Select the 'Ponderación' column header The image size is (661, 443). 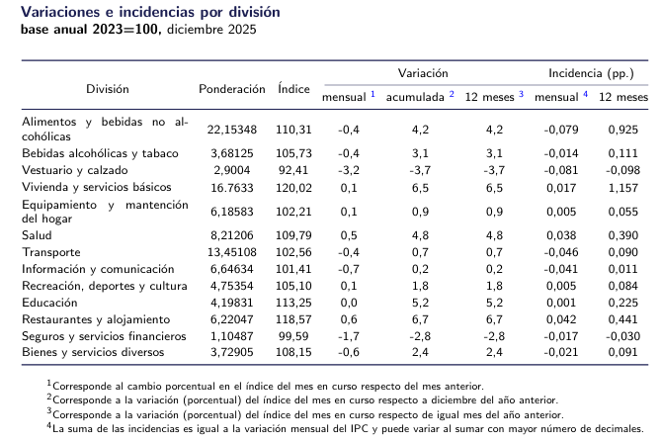pyautogui.click(x=232, y=88)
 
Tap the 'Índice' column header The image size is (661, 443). pyautogui.click(x=293, y=88)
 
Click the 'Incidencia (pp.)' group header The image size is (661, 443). pyautogui.click(x=591, y=74)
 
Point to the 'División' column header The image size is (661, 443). pyautogui.click(x=107, y=88)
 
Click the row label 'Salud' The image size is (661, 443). pyautogui.click(x=37, y=234)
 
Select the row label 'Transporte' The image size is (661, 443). pyautogui.click(x=50, y=252)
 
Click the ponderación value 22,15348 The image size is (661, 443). pyautogui.click(x=232, y=129)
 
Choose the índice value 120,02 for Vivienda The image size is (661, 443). pyautogui.click(x=293, y=187)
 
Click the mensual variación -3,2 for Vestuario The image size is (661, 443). pyautogui.click(x=348, y=170)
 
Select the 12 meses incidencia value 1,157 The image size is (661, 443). pyautogui.click(x=623, y=187)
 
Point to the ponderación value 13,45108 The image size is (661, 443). pyautogui.click(x=232, y=252)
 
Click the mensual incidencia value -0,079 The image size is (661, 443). pyautogui.click(x=561, y=129)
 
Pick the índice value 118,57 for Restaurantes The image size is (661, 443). pyautogui.click(x=293, y=319)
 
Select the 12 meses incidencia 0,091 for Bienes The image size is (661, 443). pyautogui.click(x=623, y=353)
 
